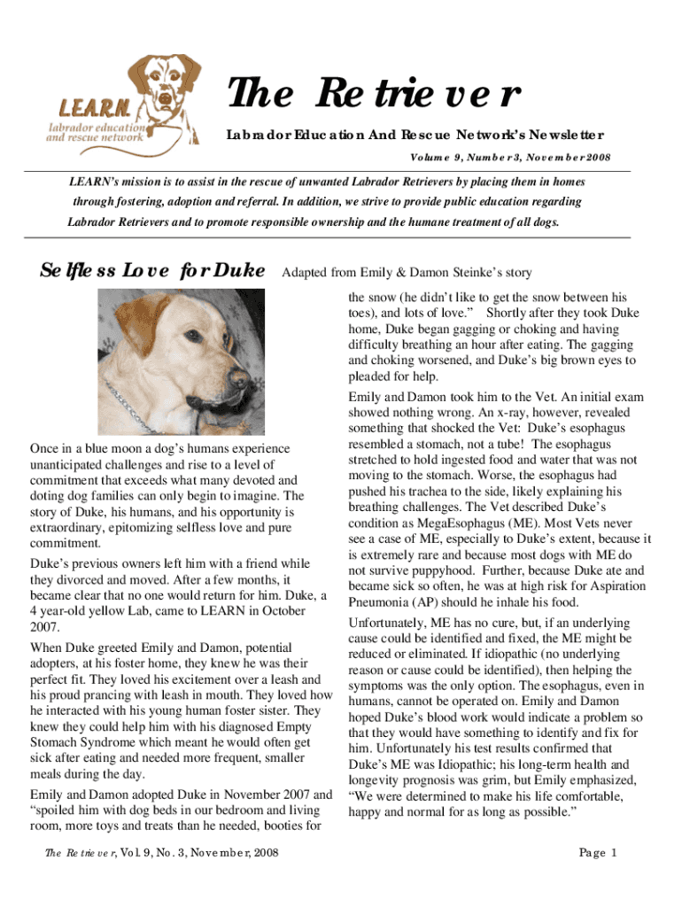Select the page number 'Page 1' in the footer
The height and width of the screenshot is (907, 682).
(x=598, y=853)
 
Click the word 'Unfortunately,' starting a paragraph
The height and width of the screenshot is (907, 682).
(x=391, y=623)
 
